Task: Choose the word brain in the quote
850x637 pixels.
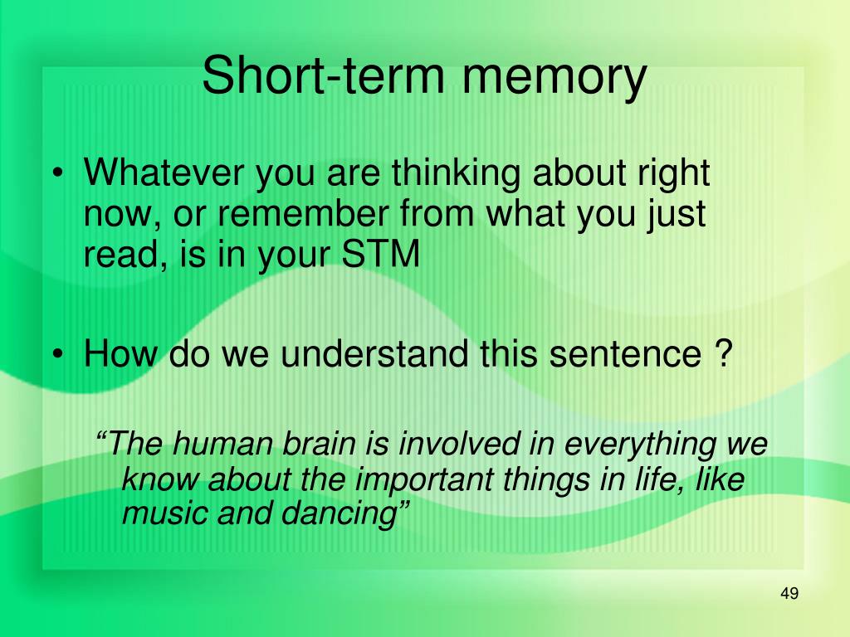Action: (315, 445)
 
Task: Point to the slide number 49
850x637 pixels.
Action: (789, 594)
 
